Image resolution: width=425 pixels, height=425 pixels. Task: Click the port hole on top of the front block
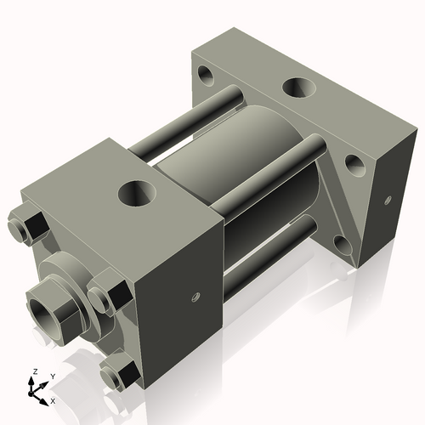136,192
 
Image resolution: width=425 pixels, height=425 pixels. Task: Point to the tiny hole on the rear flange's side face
387,201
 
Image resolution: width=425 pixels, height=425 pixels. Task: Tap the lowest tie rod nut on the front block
118,375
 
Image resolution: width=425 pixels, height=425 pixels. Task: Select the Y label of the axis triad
52,375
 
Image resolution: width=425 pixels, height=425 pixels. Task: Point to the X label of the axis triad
53,399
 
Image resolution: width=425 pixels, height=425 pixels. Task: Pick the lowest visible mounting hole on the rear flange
343,246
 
